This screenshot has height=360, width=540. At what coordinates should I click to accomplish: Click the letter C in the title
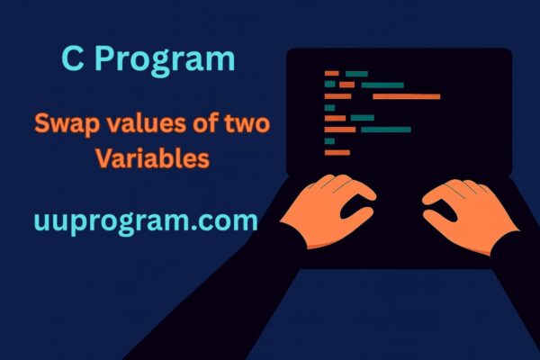point(73,60)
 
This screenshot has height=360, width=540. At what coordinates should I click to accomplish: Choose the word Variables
point(153,158)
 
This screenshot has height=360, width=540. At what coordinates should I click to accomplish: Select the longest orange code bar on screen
point(406,95)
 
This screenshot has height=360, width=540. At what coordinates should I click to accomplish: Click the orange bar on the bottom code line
point(337,152)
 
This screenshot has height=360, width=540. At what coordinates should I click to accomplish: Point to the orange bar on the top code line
point(331,73)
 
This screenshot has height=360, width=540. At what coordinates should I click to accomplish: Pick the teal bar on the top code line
point(356,73)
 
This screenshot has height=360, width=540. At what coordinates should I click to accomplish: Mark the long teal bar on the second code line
point(382,85)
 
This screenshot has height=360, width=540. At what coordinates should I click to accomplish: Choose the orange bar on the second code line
point(346,85)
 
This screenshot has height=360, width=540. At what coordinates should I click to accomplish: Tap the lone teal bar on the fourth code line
point(329,107)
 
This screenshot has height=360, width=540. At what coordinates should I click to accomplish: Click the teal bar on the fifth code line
point(362,118)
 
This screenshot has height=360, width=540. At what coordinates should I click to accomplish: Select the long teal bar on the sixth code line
point(385,130)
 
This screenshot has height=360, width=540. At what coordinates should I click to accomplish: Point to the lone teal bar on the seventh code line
point(329,140)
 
